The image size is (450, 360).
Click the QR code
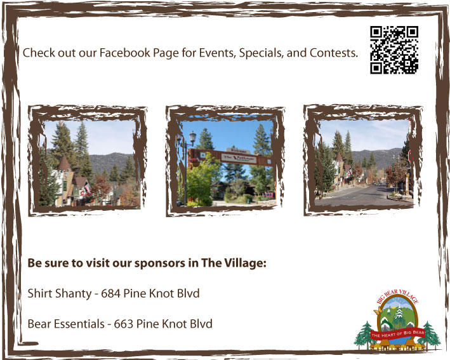(x=394, y=50)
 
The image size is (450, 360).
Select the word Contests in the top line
(x=333, y=52)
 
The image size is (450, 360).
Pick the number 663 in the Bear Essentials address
(x=126, y=324)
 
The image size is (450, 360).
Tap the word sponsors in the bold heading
(x=159, y=263)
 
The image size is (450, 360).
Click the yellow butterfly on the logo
(x=381, y=312)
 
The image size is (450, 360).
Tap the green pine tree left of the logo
(x=365, y=334)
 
